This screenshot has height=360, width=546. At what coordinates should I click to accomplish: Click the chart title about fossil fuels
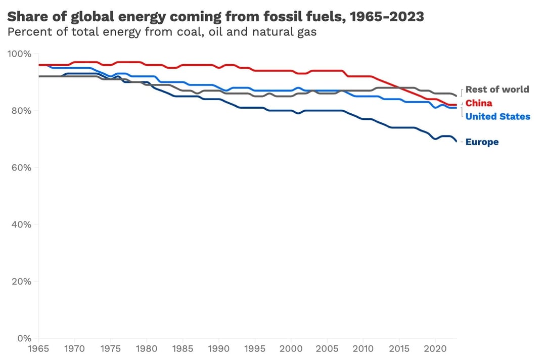(216, 17)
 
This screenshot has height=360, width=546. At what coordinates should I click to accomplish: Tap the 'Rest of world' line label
(497, 89)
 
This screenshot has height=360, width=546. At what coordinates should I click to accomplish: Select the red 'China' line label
(478, 103)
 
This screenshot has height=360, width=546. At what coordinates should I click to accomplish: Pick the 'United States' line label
(497, 117)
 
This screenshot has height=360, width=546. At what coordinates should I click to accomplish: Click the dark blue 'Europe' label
(482, 142)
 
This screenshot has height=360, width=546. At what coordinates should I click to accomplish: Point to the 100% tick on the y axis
(21, 54)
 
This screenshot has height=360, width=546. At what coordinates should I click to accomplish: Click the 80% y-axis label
(21, 111)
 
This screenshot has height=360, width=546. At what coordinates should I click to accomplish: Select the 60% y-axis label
(21, 167)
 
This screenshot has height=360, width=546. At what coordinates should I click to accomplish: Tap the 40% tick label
(21, 224)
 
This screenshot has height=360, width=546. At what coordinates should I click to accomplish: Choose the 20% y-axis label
(21, 281)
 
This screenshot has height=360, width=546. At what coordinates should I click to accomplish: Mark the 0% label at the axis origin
(24, 338)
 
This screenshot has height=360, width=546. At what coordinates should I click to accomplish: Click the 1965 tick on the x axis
(39, 348)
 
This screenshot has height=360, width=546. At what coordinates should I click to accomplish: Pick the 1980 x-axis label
(147, 348)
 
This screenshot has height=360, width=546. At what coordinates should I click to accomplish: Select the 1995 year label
(255, 348)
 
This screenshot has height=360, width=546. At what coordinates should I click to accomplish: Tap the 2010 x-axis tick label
(362, 348)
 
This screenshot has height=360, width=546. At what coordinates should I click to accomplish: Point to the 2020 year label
(434, 348)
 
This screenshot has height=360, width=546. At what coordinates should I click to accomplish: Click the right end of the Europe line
(456, 141)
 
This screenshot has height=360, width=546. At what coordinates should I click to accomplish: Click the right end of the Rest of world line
(456, 96)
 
